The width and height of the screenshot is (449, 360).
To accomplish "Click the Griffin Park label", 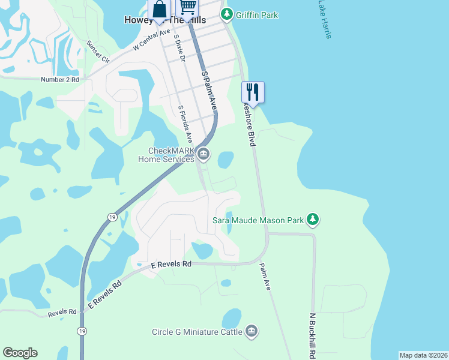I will (256, 15).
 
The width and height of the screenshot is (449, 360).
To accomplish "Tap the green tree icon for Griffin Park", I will (228, 14).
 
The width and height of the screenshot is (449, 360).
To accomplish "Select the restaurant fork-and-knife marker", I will (253, 92).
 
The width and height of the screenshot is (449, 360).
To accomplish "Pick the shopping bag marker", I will (159, 9).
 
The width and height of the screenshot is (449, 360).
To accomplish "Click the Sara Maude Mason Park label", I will (258, 220).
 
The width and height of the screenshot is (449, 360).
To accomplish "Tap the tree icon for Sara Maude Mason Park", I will (312, 220).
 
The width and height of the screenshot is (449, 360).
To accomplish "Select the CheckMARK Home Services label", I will (166, 155).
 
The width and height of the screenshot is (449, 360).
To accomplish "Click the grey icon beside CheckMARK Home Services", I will (203, 155).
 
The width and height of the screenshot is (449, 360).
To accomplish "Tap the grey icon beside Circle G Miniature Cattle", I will (252, 331).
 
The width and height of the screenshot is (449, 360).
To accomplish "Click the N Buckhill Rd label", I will (312, 335).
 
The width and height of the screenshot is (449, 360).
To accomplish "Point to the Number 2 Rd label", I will (60, 80).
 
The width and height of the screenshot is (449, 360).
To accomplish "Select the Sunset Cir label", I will (98, 52).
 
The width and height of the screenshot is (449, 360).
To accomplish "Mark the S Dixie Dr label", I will (179, 48).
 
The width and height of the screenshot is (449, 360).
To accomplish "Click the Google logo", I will (20, 353).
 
